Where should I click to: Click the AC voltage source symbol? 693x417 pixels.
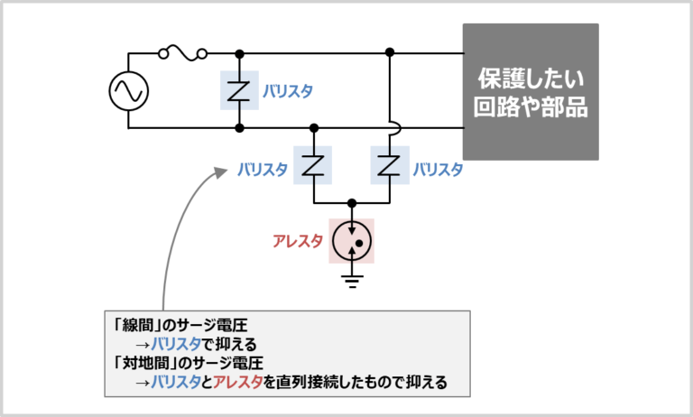pos(128,90)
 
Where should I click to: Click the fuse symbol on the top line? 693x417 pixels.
pos(183,53)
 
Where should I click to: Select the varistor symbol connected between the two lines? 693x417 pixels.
pos(238,90)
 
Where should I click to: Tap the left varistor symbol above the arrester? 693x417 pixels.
pos(312,166)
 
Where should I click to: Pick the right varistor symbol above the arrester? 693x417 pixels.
pos(389,166)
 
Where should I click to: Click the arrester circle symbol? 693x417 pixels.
pos(351,241)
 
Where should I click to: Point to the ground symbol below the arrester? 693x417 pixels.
pos(351,281)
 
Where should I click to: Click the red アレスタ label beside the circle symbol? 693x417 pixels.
pos(298,242)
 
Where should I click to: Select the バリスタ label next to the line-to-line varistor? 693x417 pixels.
pos(288,91)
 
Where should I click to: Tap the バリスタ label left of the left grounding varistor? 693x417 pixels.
pos(263,169)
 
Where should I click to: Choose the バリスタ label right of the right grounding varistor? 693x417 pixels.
pos(438,169)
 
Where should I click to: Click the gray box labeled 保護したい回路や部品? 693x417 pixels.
pos(531,91)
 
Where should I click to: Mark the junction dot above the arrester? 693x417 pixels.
pos(351,203)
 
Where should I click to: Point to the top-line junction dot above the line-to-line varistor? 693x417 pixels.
pos(238,53)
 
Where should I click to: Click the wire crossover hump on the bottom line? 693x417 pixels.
pos(389,127)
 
